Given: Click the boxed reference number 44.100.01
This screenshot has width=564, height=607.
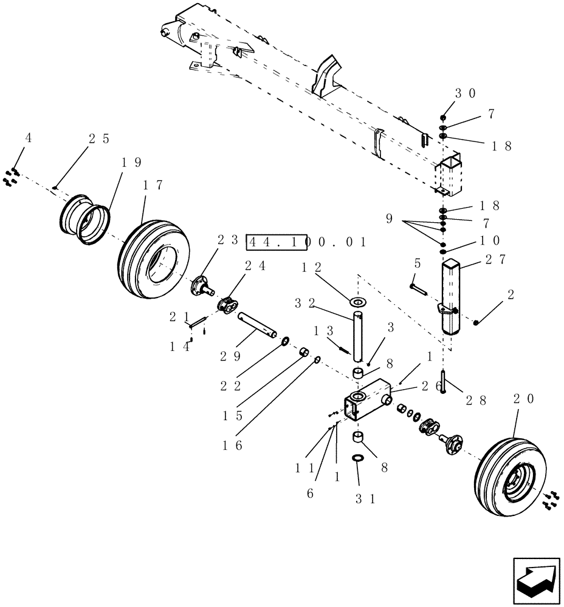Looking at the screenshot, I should (306, 242).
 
